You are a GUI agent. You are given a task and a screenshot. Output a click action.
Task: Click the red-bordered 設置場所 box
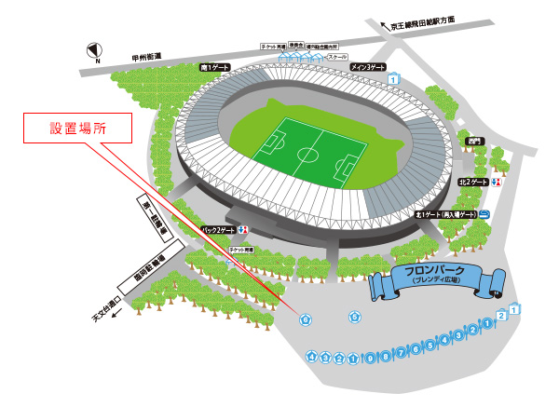click(76, 129)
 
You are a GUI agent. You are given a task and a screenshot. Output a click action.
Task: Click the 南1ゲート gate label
click(215, 68)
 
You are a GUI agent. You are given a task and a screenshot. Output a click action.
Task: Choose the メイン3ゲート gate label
click(368, 68)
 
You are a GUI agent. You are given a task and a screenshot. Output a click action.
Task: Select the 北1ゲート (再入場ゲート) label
click(446, 214)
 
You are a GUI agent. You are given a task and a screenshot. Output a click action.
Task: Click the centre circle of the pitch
click(308, 153)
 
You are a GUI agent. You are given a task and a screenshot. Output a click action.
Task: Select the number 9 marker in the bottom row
click(400, 355)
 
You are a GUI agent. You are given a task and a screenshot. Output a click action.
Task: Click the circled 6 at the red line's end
click(306, 319)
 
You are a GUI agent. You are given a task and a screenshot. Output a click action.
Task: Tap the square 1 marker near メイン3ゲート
click(394, 81)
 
